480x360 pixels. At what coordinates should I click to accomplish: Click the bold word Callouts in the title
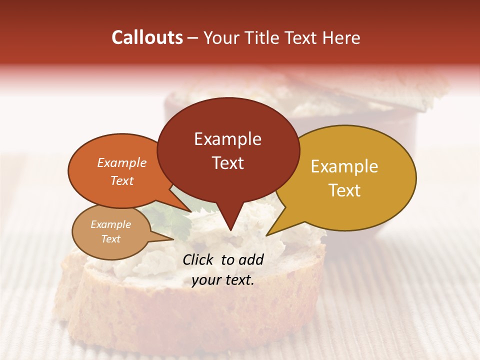[x=147, y=37]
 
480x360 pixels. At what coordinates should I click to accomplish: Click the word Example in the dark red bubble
[x=227, y=139]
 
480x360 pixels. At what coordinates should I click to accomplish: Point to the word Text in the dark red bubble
[x=227, y=163]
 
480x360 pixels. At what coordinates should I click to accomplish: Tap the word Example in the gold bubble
[x=344, y=166]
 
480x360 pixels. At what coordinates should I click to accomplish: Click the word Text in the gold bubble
[x=344, y=190]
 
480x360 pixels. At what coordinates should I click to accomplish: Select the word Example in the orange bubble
[x=122, y=163]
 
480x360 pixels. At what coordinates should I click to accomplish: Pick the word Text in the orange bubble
[x=122, y=180]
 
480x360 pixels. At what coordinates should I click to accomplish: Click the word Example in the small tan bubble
[x=110, y=224]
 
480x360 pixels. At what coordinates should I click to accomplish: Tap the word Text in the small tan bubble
[x=110, y=239]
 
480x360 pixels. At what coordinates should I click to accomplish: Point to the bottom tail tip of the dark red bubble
[x=230, y=230]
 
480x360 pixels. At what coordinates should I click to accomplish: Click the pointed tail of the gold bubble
[x=267, y=234]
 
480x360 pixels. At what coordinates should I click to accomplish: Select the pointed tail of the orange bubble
[x=190, y=210]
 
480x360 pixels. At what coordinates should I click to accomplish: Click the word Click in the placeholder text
[x=199, y=259]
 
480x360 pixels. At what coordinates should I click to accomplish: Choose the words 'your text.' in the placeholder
[x=223, y=280]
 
